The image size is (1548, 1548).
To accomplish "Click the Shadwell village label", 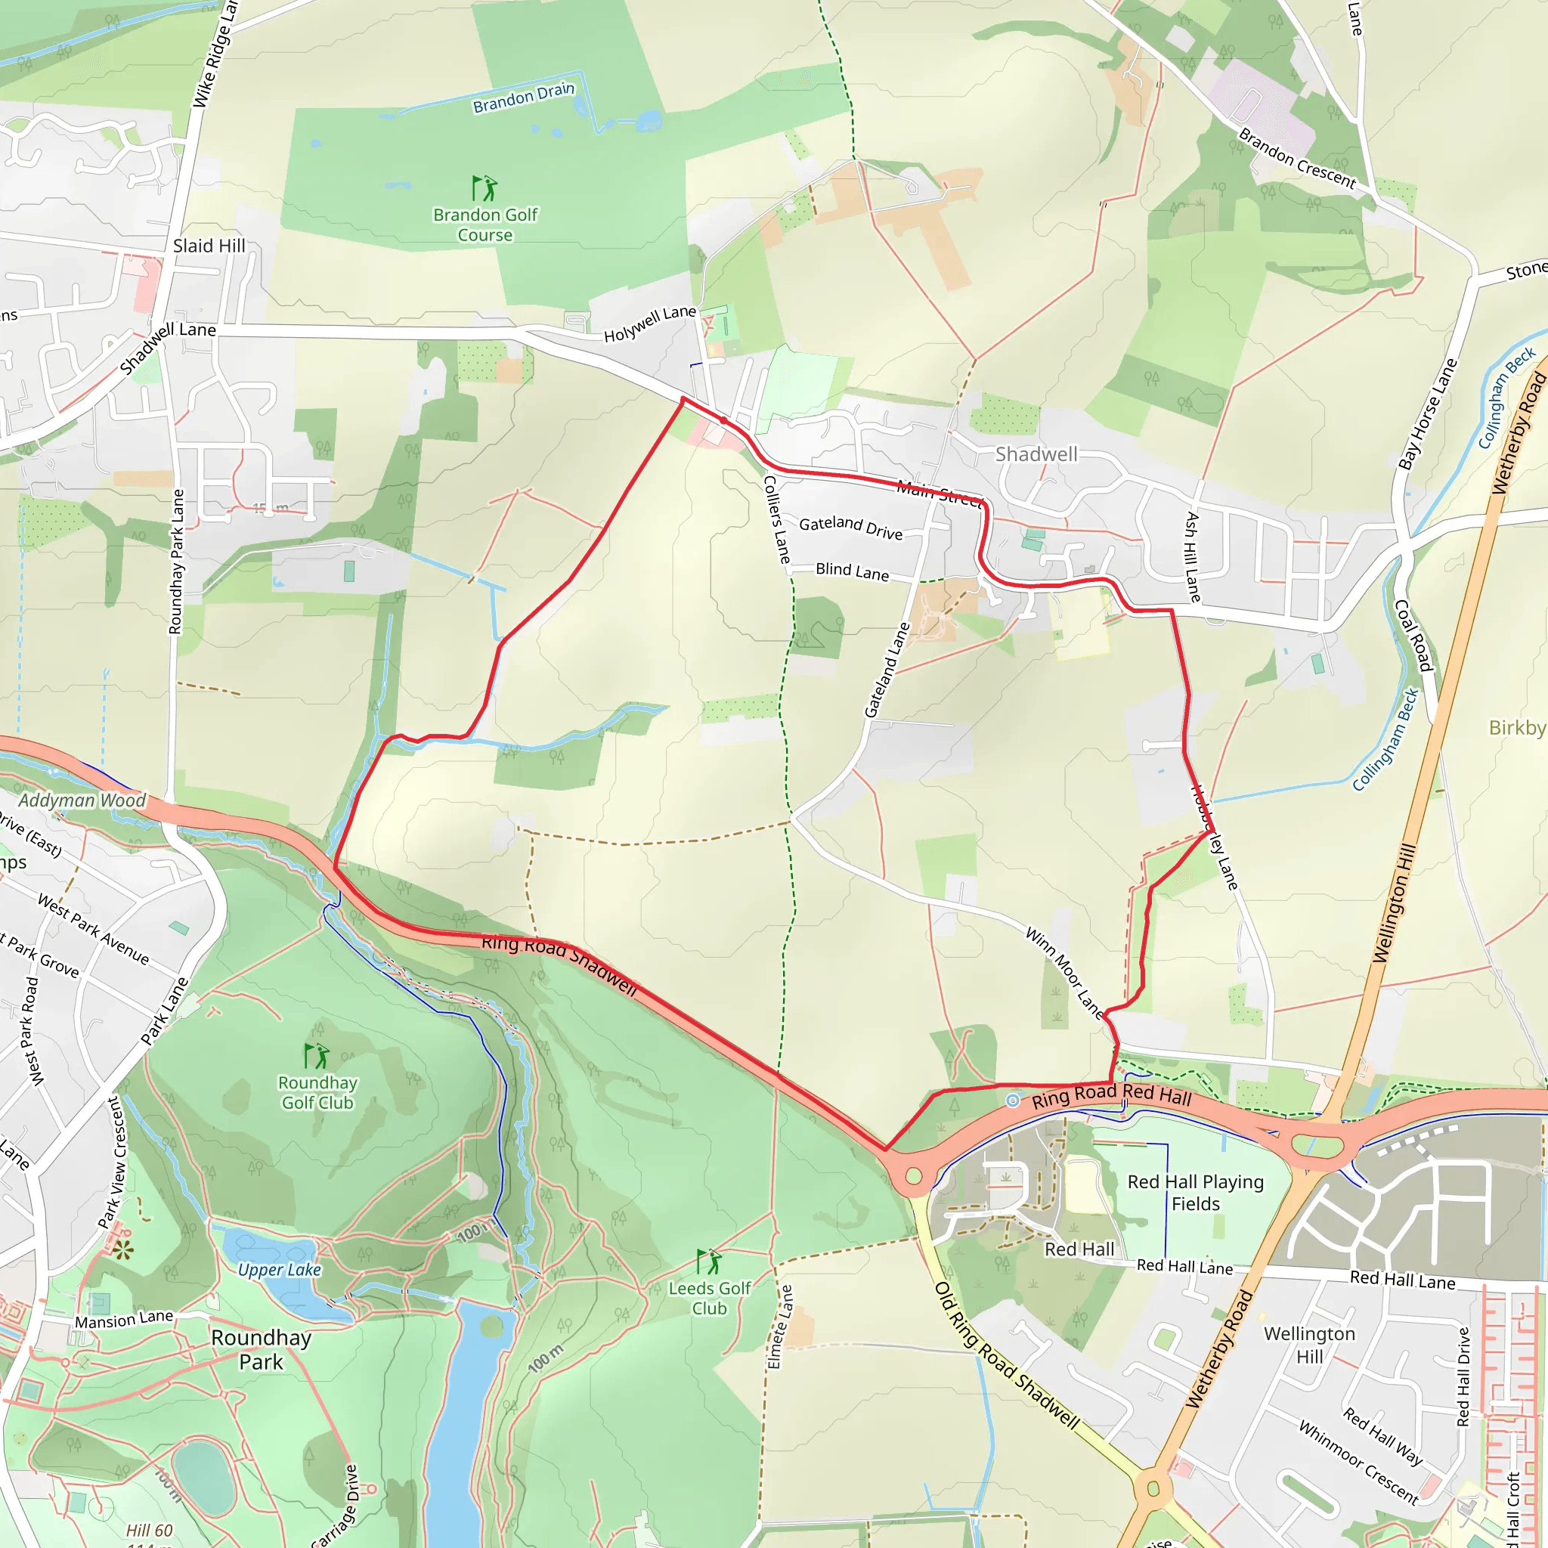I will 1036,454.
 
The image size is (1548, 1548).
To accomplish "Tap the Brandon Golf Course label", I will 485,225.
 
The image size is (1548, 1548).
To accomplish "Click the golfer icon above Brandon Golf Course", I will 484,189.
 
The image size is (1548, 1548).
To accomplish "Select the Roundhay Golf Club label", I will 317,1093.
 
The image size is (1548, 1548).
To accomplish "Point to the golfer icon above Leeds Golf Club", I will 708,1262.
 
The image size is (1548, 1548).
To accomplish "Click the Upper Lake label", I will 279,1270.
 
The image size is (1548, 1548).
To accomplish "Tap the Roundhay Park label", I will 262,1350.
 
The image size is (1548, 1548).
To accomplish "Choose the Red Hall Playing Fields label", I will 1195,1192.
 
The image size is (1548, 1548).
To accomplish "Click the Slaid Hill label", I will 209,246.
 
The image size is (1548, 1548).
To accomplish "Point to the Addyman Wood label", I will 82,800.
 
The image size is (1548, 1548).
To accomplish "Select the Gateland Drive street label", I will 850,528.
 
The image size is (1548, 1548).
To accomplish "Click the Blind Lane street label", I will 852,571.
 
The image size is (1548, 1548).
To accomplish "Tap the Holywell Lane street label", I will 649,324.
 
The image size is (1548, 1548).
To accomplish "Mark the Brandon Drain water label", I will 523,98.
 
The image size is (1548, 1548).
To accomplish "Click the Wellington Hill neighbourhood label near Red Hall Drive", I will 1309,1345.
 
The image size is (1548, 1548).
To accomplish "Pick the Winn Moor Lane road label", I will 1064,973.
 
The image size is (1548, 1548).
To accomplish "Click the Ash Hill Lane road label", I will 1193,557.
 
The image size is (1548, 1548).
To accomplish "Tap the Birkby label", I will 1517,728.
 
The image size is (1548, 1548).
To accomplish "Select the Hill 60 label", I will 149,1531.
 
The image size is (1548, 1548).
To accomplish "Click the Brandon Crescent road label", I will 1296,158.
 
